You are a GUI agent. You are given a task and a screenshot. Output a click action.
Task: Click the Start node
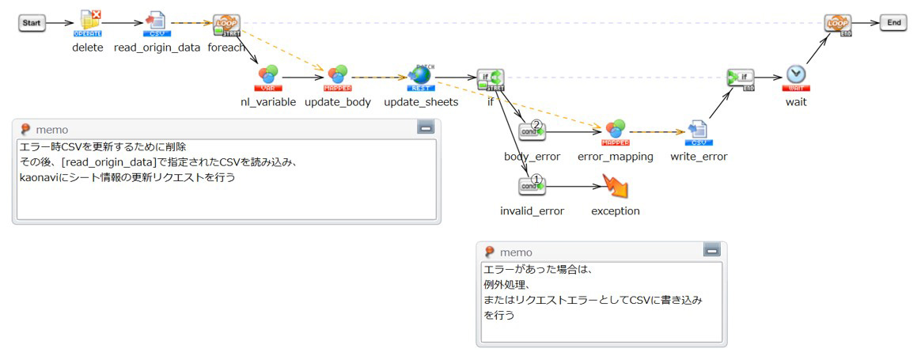tap(32, 23)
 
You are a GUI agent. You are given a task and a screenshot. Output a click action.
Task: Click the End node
tap(893, 23)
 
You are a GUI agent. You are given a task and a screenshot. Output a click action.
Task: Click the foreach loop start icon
tap(227, 25)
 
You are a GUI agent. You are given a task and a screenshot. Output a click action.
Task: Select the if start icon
tap(490, 78)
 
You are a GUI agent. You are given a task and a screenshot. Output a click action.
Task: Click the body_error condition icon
tap(532, 131)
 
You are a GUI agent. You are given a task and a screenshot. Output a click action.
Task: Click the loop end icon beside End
tap(837, 24)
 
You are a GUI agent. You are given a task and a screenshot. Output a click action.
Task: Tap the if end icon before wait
tap(741, 78)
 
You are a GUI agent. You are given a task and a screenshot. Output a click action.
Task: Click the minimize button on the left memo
tap(425, 127)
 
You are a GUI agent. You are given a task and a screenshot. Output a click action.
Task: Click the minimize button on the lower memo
tap(711, 251)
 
